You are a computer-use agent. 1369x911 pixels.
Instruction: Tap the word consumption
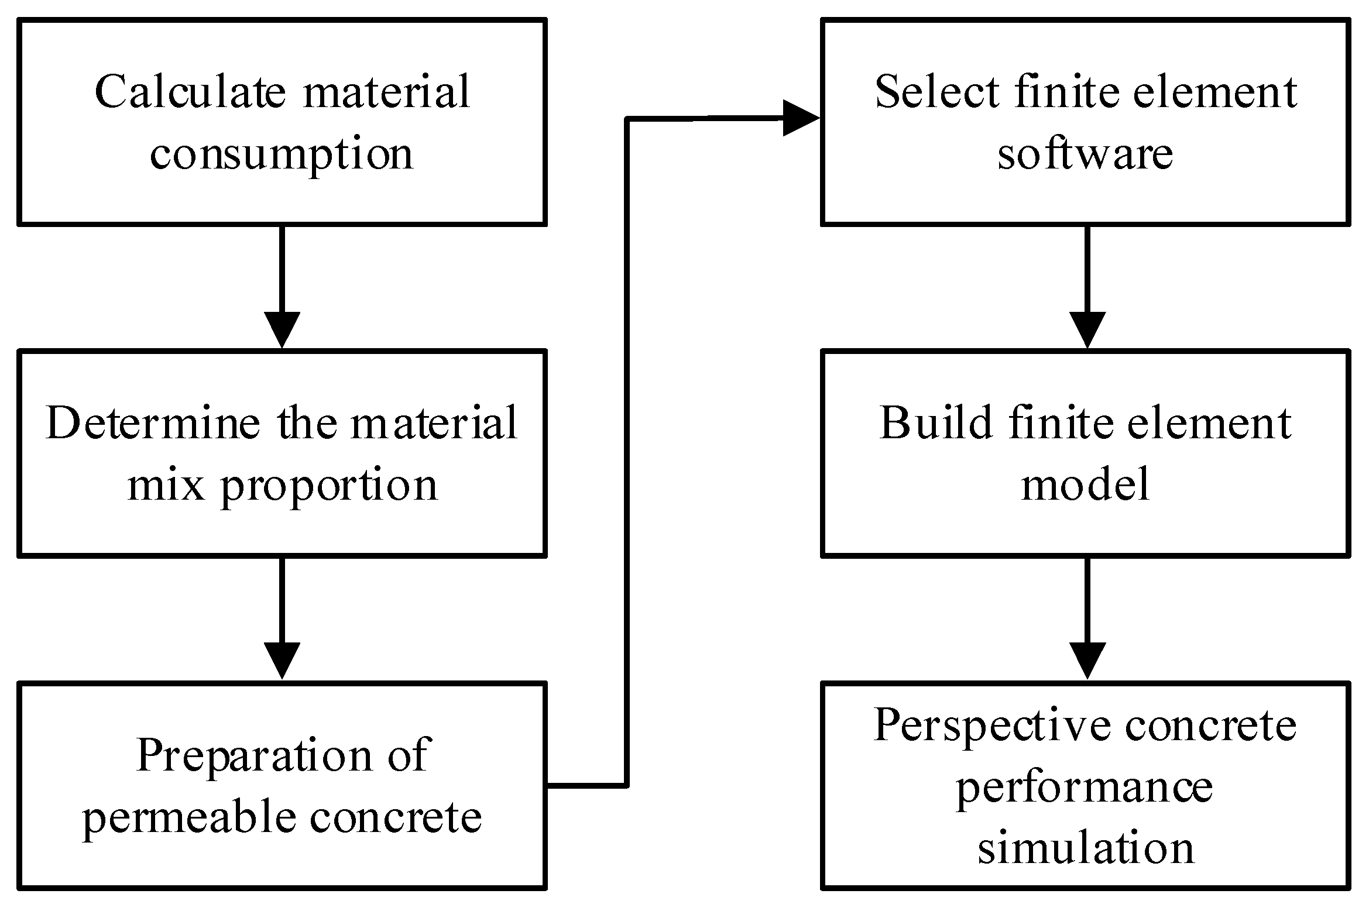tap(282, 155)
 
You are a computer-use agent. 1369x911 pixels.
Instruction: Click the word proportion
tap(329, 486)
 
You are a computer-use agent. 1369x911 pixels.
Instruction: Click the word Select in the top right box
tap(937, 92)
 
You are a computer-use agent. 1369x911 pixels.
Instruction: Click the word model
tap(1085, 485)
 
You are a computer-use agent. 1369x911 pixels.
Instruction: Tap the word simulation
tap(1085, 848)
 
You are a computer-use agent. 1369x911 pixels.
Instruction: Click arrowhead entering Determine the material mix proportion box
tap(282, 329)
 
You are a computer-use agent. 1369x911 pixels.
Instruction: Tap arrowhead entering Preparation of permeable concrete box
tap(282, 661)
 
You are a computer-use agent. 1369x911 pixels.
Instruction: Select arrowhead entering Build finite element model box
tap(1087, 329)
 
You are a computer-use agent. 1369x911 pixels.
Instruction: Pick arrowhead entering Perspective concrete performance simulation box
tap(1087, 661)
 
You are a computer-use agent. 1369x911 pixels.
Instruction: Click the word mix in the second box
tap(166, 485)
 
